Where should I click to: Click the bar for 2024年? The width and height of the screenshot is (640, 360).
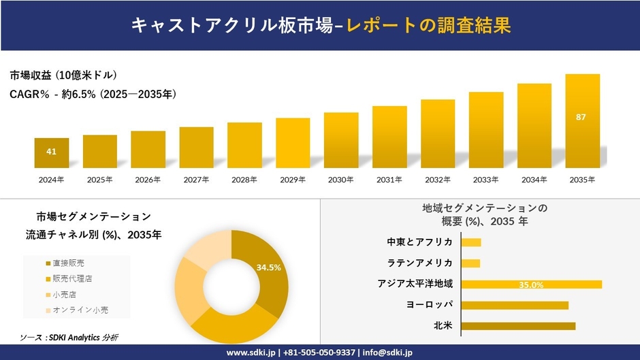pyautogui.click(x=52, y=153)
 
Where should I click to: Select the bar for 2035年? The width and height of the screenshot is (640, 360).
pyautogui.click(x=582, y=121)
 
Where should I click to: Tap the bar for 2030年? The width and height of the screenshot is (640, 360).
pyautogui.click(x=341, y=140)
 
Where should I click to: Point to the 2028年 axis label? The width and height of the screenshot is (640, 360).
pyautogui.click(x=244, y=180)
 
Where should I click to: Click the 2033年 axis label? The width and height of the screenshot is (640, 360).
pyautogui.click(x=485, y=180)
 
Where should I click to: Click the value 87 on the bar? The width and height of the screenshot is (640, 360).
pyautogui.click(x=581, y=117)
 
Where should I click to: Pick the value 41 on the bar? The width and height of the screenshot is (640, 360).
pyautogui.click(x=51, y=151)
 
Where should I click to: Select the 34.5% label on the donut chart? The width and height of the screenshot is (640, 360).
pyautogui.click(x=269, y=267)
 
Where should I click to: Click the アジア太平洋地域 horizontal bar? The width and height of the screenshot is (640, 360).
pyautogui.click(x=531, y=284)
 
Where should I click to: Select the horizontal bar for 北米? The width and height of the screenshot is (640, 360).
pyautogui.click(x=518, y=326)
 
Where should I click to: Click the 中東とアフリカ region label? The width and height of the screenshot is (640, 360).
pyautogui.click(x=419, y=242)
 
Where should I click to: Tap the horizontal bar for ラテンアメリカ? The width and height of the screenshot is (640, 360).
pyautogui.click(x=470, y=263)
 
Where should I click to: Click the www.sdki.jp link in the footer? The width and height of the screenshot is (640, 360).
pyautogui.click(x=251, y=353)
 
